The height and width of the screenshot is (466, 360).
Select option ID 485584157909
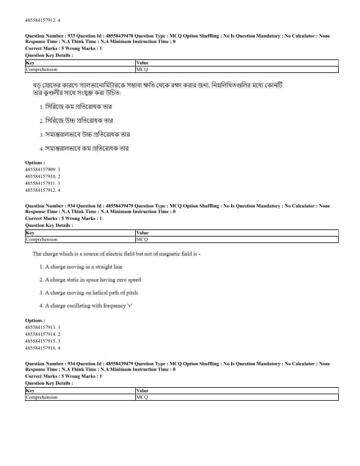(x=42, y=169)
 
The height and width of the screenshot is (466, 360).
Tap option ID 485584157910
(x=42, y=177)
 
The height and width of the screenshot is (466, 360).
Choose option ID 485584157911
(x=42, y=184)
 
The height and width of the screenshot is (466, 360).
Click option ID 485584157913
(x=42, y=327)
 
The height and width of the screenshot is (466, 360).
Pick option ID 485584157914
(x=42, y=334)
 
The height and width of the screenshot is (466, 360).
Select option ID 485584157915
(x=42, y=341)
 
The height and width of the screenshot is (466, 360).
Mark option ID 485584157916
(x=42, y=348)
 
